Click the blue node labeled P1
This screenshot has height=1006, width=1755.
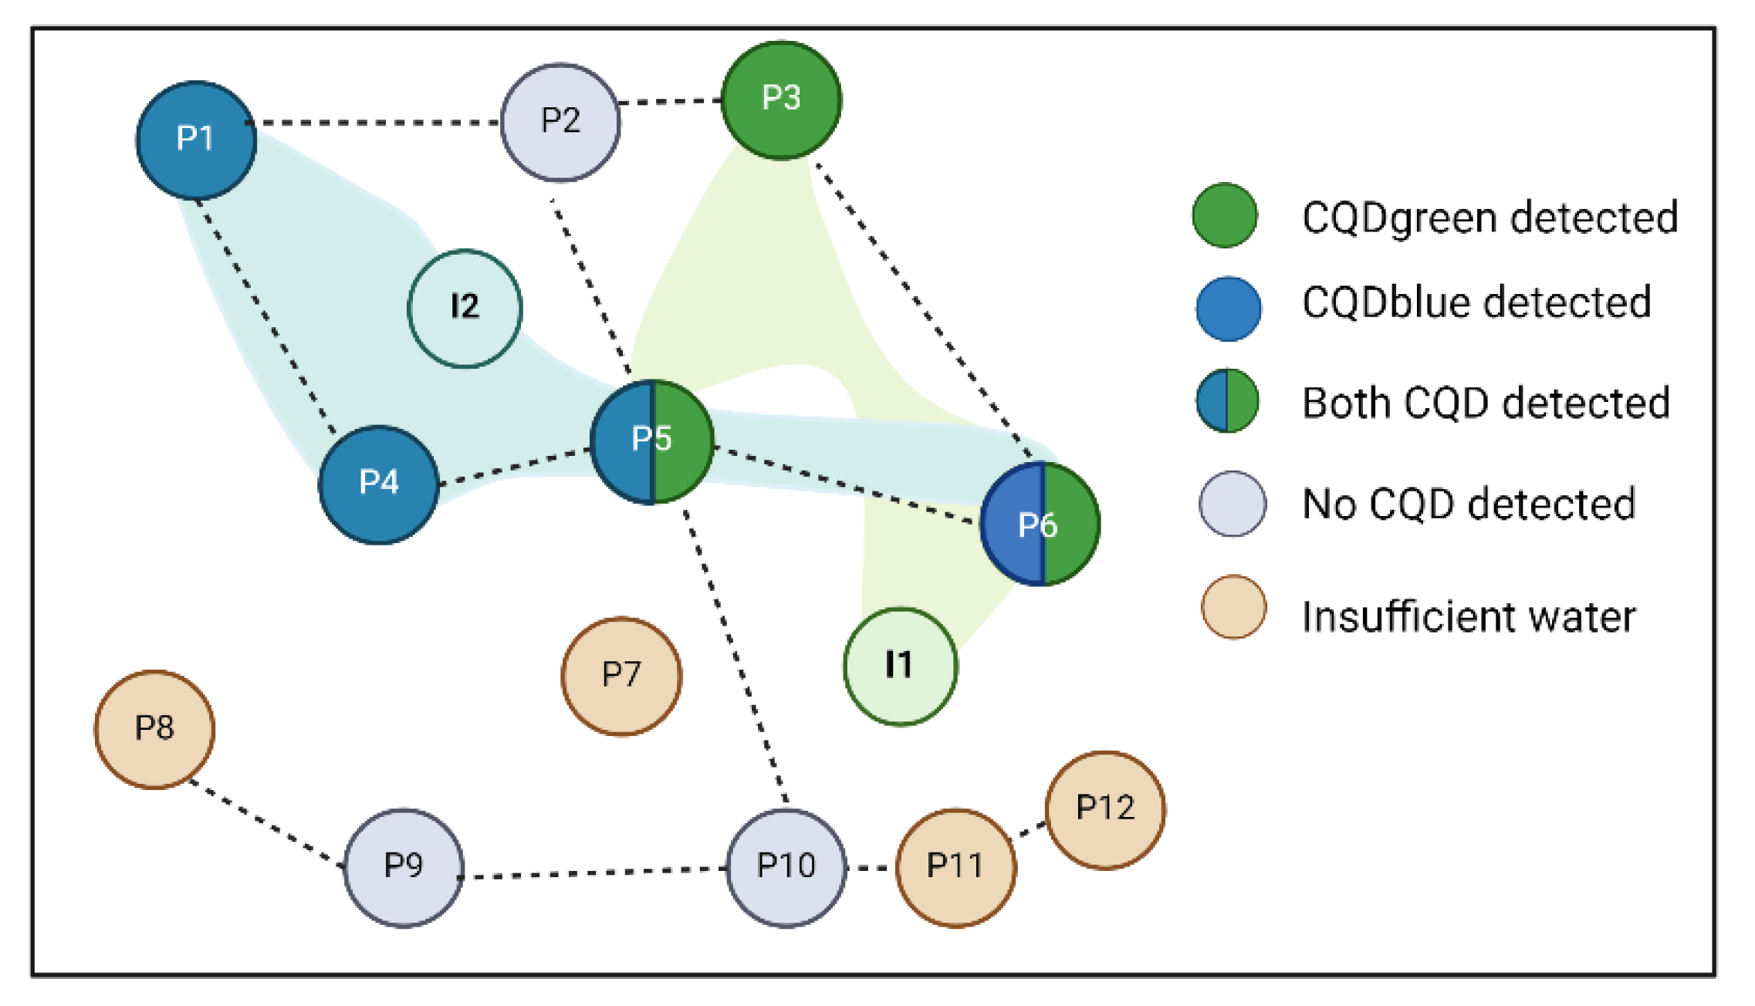tap(196, 140)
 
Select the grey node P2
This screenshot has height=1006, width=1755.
tap(560, 123)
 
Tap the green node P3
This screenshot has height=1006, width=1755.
tap(781, 100)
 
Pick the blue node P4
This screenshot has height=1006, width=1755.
tap(379, 484)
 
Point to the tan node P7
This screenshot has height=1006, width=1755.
tap(621, 676)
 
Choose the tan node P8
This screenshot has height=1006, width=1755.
tap(154, 729)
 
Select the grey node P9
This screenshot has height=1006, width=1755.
tap(404, 867)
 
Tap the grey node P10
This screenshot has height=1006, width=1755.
tap(786, 867)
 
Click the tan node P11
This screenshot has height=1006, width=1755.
tap(955, 867)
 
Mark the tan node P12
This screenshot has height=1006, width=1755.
tap(1105, 809)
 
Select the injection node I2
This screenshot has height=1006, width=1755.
tap(465, 308)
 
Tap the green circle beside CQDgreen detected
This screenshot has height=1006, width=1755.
tap(1225, 215)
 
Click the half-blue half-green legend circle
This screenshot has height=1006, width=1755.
tap(1227, 400)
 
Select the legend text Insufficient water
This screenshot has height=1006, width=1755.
tap(1468, 616)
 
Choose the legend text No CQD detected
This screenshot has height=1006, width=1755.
tap(1468, 505)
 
